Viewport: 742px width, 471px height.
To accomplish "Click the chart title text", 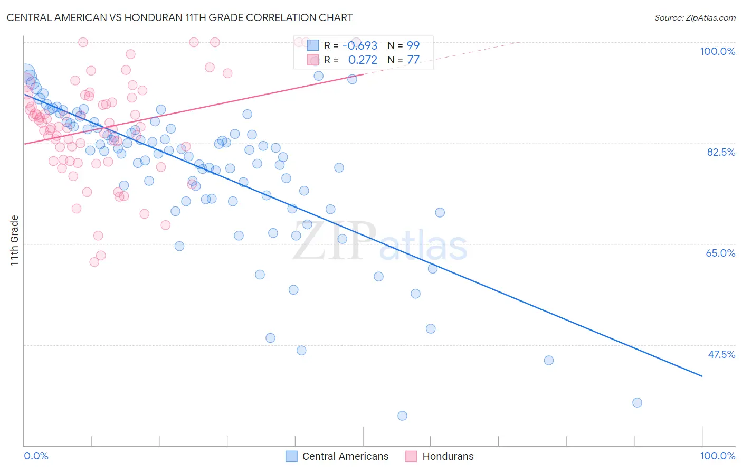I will click(179, 17).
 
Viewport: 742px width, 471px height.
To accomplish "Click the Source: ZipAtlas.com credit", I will click(695, 17).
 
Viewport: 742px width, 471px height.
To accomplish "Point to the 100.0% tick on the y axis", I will click(717, 51).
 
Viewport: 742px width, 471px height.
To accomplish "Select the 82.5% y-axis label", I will click(721, 152).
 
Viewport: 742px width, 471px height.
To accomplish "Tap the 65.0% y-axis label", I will click(720, 253).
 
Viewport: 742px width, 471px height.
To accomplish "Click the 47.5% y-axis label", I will click(721, 354).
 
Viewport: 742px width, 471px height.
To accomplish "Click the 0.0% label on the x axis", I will click(36, 456).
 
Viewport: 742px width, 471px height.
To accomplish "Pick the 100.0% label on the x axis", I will click(717, 456).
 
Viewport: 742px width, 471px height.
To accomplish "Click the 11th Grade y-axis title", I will click(15, 240).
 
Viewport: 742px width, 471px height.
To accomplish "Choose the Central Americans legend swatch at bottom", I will click(292, 456).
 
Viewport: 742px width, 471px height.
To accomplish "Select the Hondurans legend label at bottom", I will click(448, 456).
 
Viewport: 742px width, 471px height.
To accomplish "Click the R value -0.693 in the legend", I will click(359, 46).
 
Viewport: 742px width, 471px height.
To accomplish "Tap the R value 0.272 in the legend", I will click(363, 60).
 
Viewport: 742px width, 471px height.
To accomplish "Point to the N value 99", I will click(413, 46).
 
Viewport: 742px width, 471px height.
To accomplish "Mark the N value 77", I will click(413, 60).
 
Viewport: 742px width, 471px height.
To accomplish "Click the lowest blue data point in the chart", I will click(402, 416).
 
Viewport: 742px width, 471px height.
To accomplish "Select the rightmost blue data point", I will click(637, 402).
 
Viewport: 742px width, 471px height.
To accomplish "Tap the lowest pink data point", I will click(94, 262).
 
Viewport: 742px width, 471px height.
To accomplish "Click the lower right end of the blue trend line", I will click(702, 376).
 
